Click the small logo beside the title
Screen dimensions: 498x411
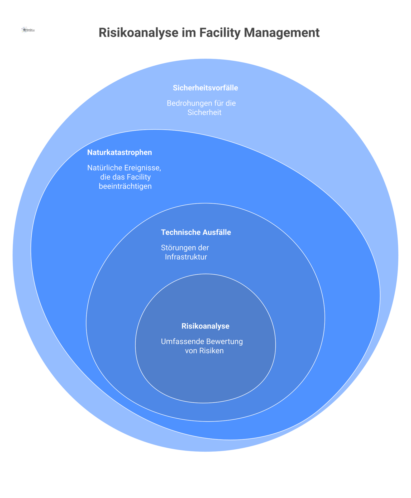28,30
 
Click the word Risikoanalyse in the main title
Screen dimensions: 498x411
138,33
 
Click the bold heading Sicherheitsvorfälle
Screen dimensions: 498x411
205,88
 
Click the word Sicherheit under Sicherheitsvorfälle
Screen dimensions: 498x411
204,113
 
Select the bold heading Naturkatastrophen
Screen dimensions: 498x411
120,152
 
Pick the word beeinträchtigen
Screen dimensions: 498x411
125,186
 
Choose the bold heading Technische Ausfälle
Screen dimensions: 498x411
196,232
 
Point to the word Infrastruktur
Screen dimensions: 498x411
186,257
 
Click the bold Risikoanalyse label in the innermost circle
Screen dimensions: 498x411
205,326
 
